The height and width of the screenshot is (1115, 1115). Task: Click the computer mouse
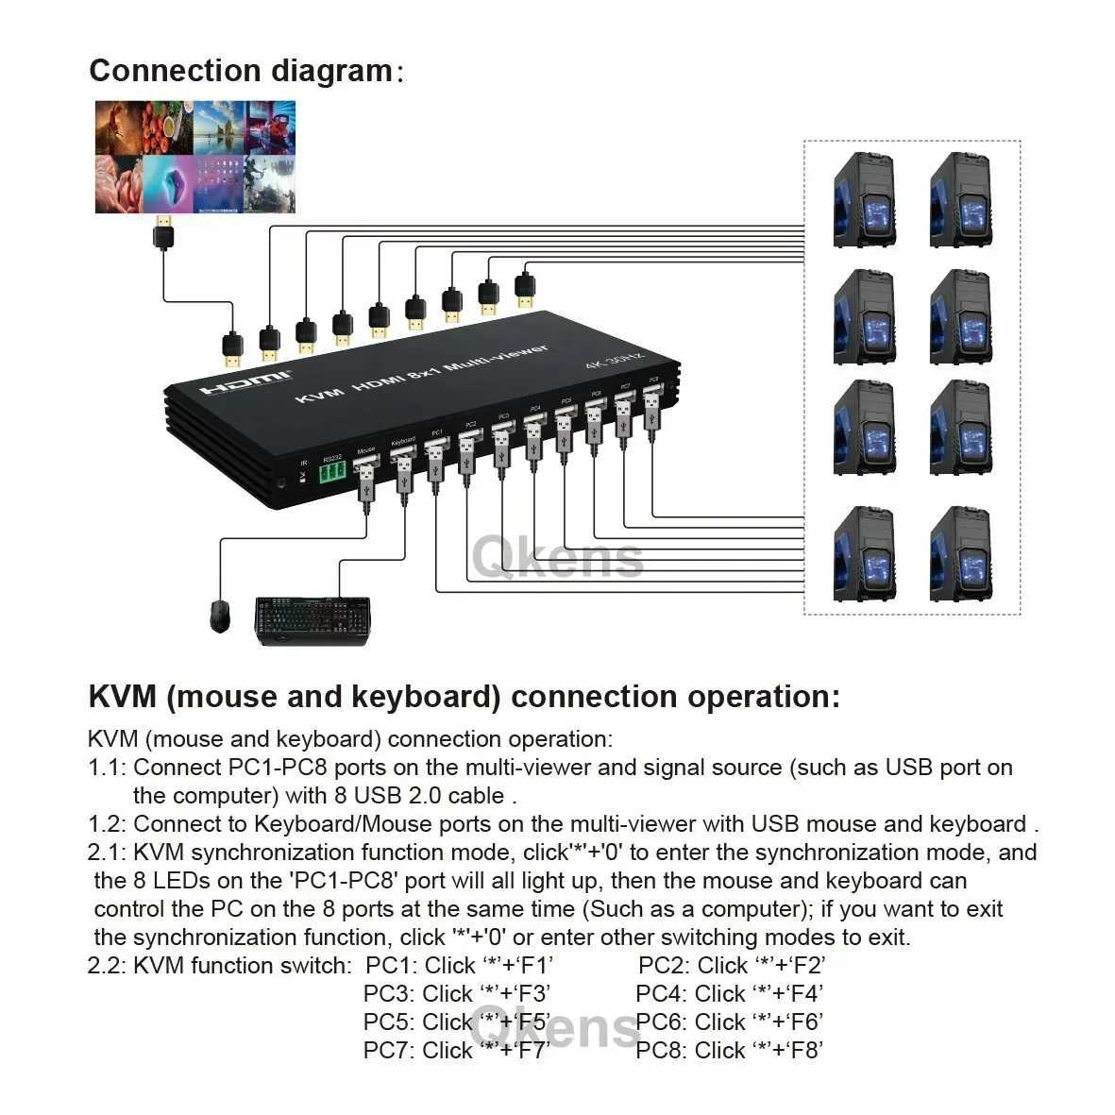coord(220,616)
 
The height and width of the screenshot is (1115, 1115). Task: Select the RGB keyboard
coord(313,620)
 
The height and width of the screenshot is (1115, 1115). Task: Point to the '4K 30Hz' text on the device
coord(614,362)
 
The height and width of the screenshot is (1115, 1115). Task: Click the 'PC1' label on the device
coord(436,432)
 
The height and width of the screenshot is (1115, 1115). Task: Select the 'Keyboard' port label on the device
coord(403,441)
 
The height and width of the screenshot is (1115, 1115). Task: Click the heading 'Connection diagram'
coord(241,72)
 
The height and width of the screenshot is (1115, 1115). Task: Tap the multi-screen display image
coord(194,157)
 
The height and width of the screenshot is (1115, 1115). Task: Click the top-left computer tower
coord(864,199)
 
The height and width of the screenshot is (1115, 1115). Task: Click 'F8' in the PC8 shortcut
coord(805,1050)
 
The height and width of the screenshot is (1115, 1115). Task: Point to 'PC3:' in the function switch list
coord(389,994)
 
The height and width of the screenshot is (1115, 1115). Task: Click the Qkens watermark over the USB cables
coord(557,557)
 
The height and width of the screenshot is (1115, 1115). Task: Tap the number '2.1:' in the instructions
coord(107,853)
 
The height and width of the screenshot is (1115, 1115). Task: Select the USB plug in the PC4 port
coord(533,439)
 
